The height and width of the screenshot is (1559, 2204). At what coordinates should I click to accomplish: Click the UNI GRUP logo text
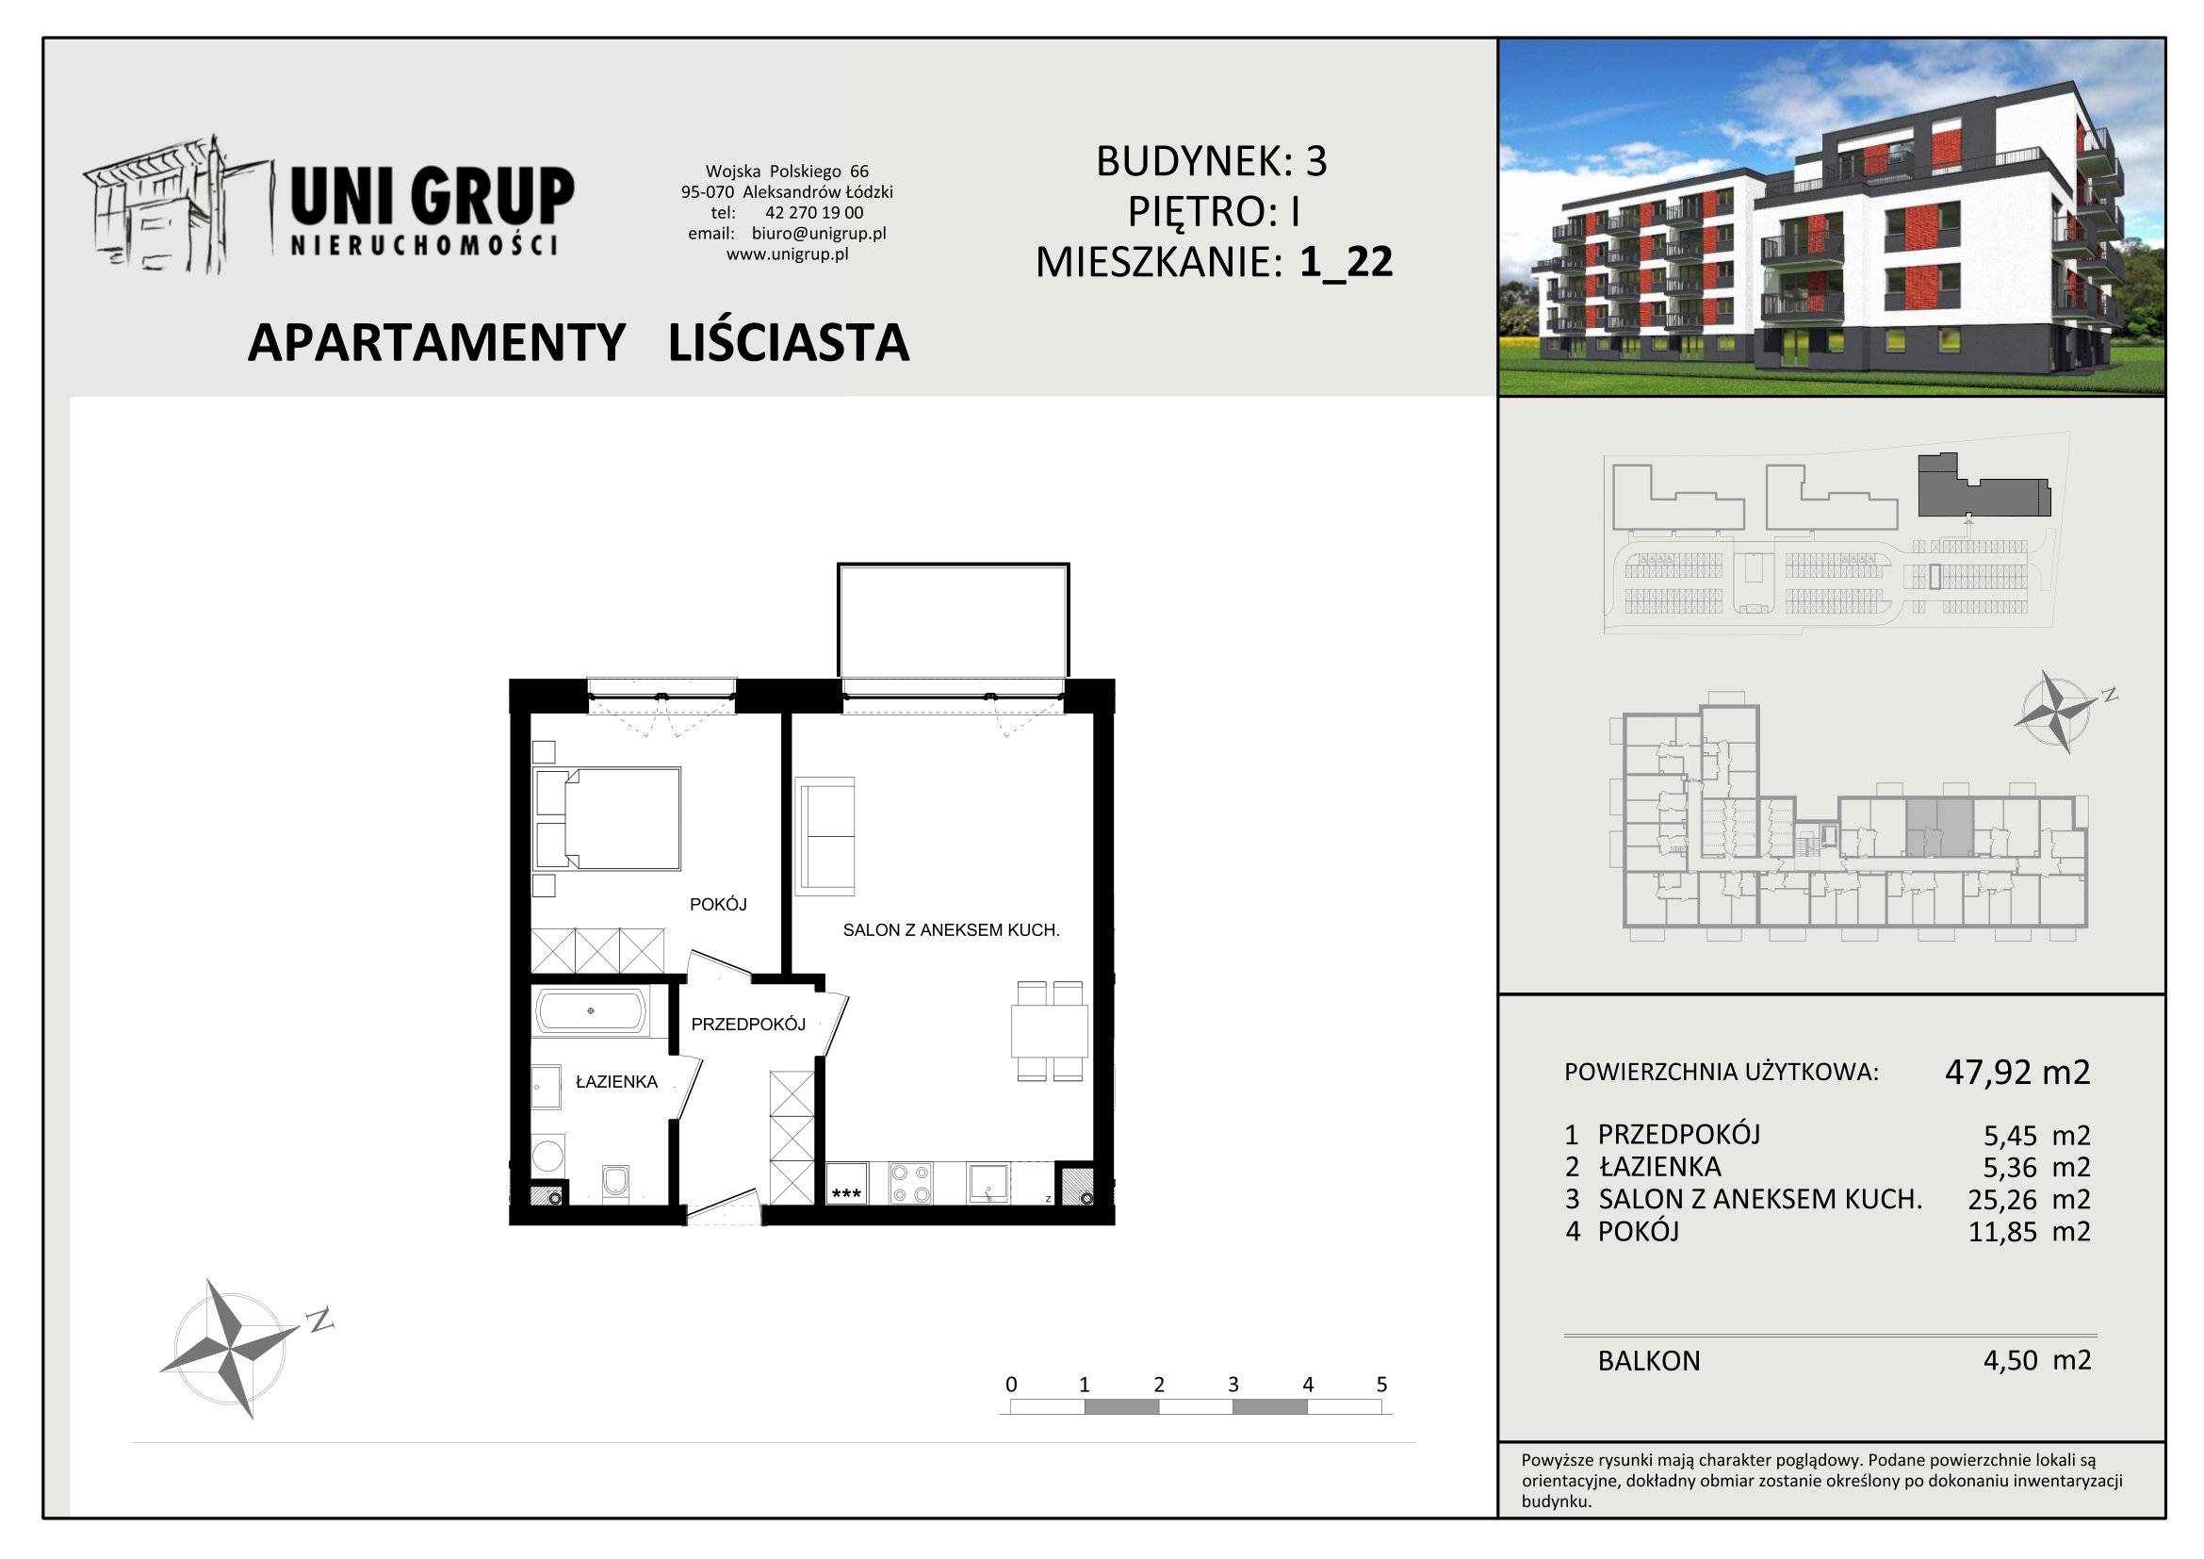pyautogui.click(x=432, y=197)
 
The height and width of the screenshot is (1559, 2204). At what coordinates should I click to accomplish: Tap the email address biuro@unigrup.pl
pyautogui.click(x=819, y=233)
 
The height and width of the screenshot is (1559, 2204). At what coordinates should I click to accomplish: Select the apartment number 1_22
pyautogui.click(x=1346, y=261)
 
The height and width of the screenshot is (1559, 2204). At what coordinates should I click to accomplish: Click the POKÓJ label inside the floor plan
pyautogui.click(x=718, y=904)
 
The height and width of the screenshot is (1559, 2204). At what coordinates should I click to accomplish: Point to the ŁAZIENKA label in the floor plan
pyautogui.click(x=616, y=1082)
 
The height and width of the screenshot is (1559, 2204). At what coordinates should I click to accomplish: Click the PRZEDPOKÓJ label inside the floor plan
pyautogui.click(x=748, y=1025)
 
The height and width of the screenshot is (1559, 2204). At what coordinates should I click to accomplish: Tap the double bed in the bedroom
pyautogui.click(x=607, y=818)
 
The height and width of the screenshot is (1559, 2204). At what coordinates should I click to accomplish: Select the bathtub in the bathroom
pyautogui.click(x=592, y=1010)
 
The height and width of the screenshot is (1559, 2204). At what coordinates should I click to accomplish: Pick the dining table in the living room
pyautogui.click(x=1049, y=1030)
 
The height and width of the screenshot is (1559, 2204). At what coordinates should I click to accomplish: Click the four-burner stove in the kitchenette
pyautogui.click(x=910, y=1183)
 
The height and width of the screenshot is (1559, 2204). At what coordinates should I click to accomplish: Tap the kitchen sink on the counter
pyautogui.click(x=988, y=1183)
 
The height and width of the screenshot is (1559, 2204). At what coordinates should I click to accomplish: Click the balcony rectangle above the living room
pyautogui.click(x=954, y=620)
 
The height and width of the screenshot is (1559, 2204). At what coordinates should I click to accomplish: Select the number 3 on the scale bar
pyautogui.click(x=1233, y=1385)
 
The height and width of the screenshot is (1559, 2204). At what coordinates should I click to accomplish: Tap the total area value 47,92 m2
pyautogui.click(x=2017, y=1072)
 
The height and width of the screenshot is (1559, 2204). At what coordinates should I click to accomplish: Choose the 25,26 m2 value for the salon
pyautogui.click(x=2030, y=1199)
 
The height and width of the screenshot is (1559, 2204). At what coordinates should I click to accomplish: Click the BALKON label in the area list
pyautogui.click(x=1649, y=1360)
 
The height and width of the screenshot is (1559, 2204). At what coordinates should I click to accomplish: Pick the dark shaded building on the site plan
pyautogui.click(x=1983, y=485)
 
